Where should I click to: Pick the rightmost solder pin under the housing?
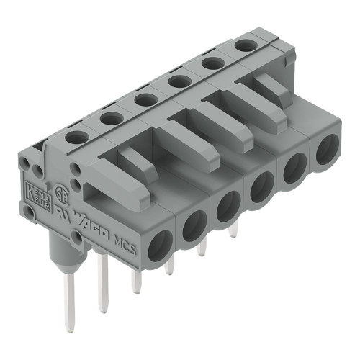click(x=233, y=230)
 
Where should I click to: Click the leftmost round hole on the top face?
click(x=74, y=135)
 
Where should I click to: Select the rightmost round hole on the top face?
click(x=244, y=45)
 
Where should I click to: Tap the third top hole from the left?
click(x=146, y=99)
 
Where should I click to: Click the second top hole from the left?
click(x=111, y=117)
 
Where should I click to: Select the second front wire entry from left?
click(x=194, y=225)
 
